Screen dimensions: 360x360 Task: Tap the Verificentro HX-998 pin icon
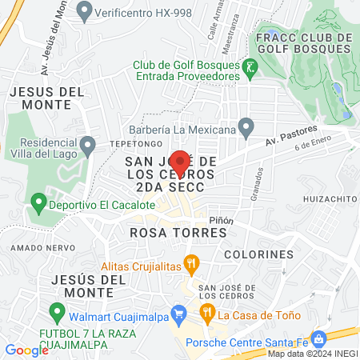[85, 13]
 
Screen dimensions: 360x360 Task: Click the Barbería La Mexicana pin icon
[246, 127]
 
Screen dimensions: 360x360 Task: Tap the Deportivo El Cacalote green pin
[37, 204]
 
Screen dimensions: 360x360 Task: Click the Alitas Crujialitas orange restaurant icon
[190, 262]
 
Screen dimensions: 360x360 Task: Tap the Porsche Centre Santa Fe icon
[318, 338]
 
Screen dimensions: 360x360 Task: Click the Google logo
[26, 350]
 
